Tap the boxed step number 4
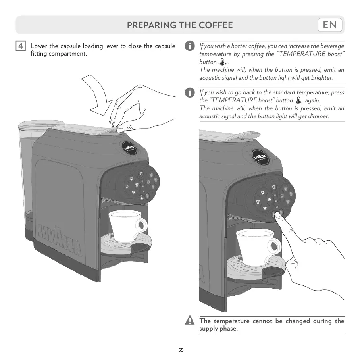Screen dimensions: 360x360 point(21,46)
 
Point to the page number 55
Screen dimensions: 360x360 point(181,350)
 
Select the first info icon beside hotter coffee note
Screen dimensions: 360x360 point(190,46)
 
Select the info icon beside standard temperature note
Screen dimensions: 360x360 point(190,92)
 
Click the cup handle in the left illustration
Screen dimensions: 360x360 point(141,225)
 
